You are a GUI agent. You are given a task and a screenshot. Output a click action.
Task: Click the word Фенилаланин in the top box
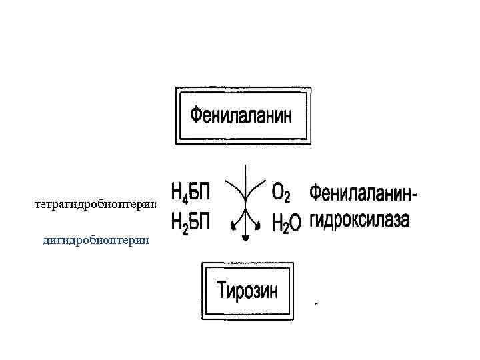[241, 116]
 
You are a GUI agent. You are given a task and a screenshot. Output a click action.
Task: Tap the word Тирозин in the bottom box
[248, 291]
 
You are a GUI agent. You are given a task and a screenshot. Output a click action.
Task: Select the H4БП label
[191, 195]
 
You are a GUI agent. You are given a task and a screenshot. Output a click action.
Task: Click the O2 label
[281, 193]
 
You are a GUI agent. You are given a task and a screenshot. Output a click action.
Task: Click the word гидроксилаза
[359, 221]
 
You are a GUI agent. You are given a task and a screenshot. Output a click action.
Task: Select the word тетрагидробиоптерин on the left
[95, 205]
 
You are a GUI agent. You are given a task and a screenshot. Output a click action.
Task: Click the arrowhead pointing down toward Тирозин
[245, 236]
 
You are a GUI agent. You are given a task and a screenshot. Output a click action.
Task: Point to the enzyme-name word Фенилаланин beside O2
[361, 193]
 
